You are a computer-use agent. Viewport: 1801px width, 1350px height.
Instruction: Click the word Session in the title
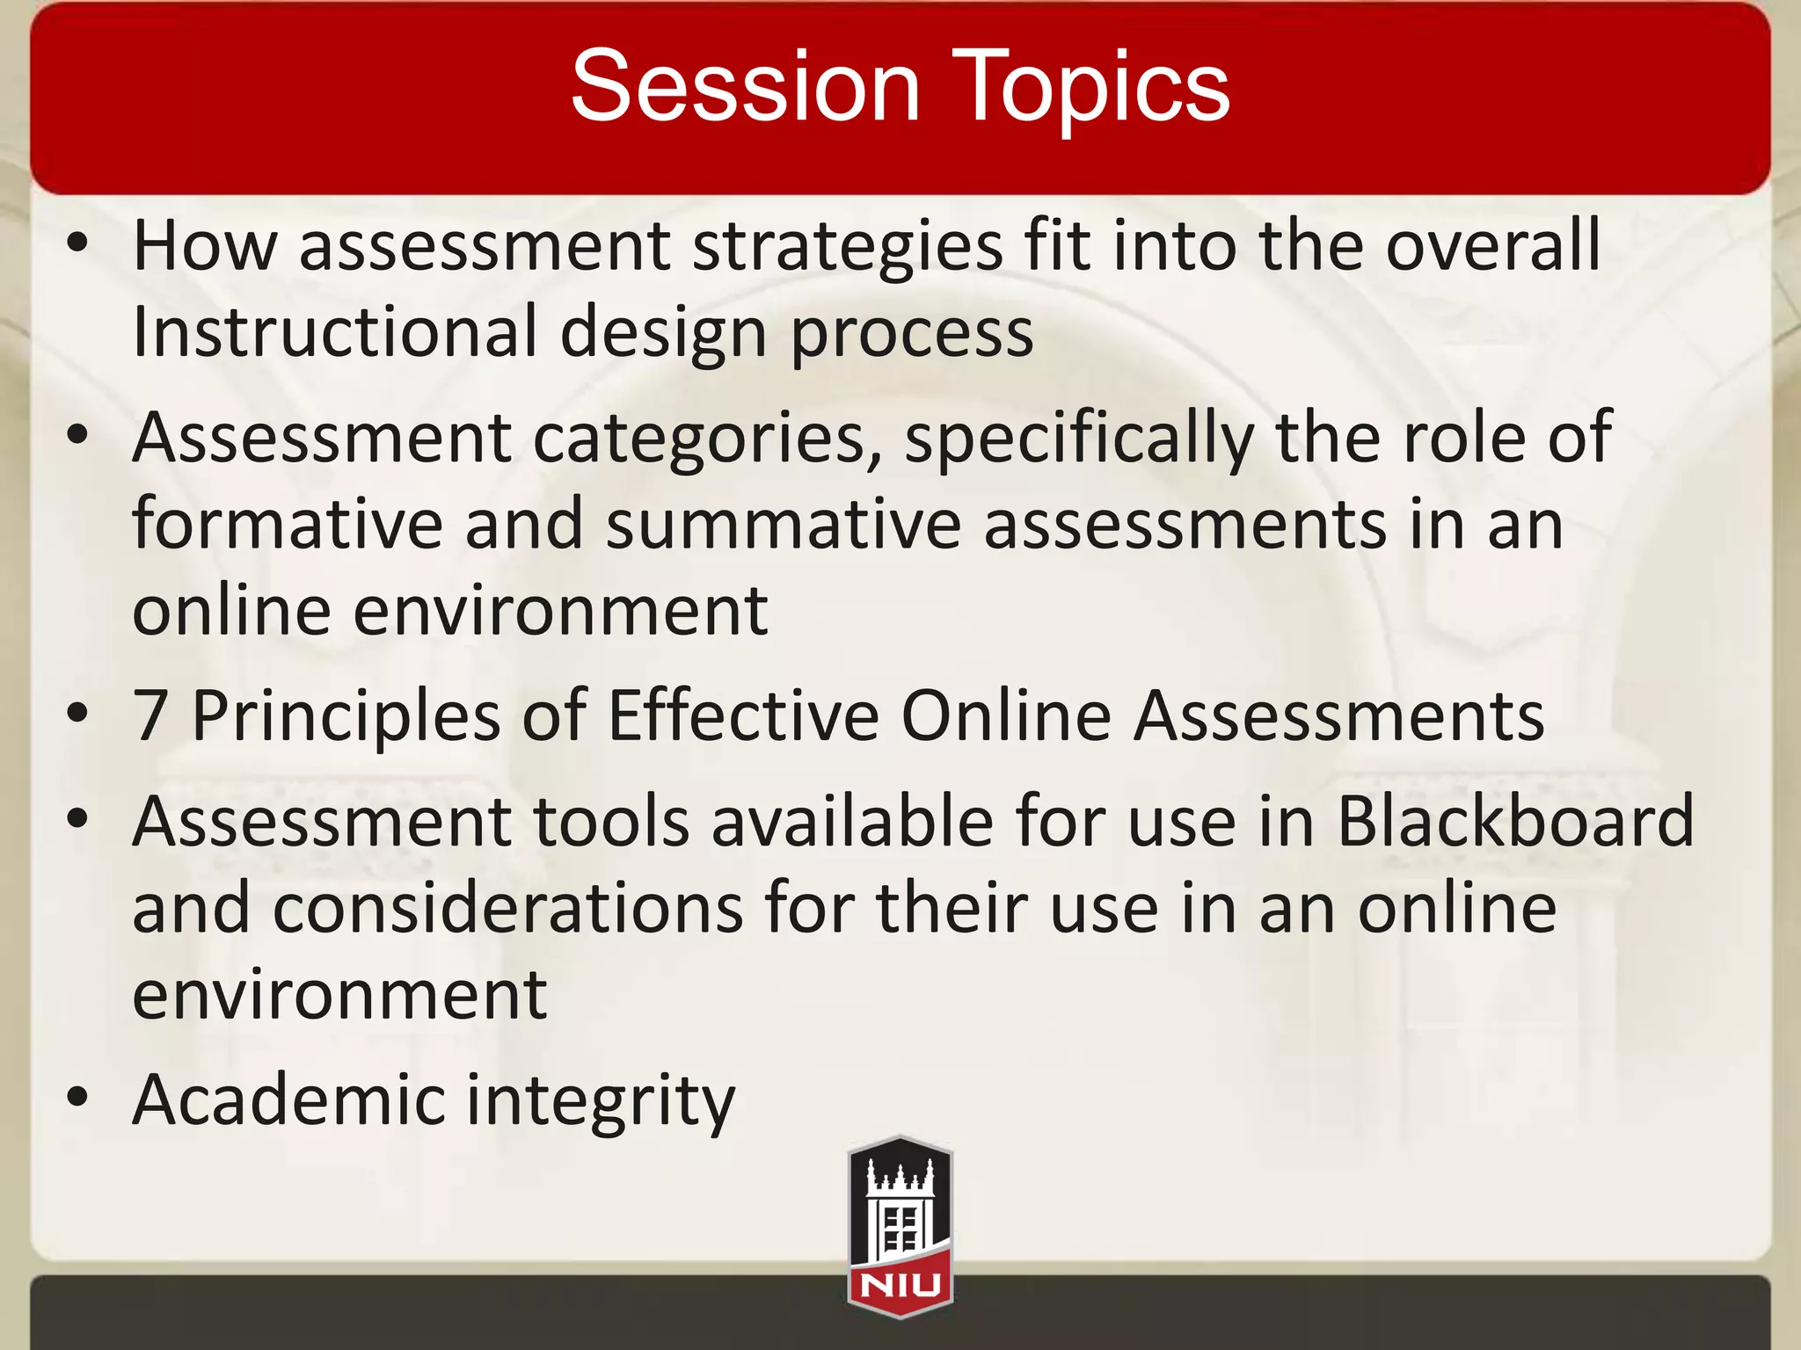745,85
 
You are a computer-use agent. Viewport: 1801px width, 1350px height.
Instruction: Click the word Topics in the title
1090,85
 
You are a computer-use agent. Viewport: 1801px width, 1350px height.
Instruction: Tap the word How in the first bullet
205,246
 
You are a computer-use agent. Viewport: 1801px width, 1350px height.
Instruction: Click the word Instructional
334,332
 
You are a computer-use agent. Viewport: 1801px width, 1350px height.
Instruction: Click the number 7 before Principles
150,715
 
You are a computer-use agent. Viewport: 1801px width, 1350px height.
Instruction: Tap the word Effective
743,715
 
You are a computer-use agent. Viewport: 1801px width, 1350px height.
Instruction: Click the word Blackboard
1515,821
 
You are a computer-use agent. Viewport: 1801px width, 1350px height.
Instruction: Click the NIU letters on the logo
900,1287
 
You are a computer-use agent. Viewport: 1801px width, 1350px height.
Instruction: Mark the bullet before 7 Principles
78,713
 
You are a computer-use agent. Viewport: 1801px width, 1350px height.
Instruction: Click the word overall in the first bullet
1493,246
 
